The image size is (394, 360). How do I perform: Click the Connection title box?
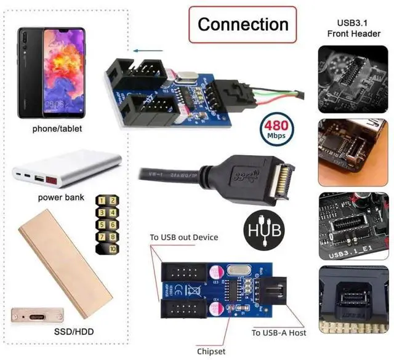243,25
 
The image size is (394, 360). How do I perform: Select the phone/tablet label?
57,129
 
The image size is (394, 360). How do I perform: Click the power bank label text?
60,198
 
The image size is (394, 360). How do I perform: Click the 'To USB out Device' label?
184,238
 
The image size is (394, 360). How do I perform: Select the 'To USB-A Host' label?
279,333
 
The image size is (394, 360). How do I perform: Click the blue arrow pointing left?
145,52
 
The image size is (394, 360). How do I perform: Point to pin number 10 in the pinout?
111,249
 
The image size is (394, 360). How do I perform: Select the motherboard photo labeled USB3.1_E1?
352,226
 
